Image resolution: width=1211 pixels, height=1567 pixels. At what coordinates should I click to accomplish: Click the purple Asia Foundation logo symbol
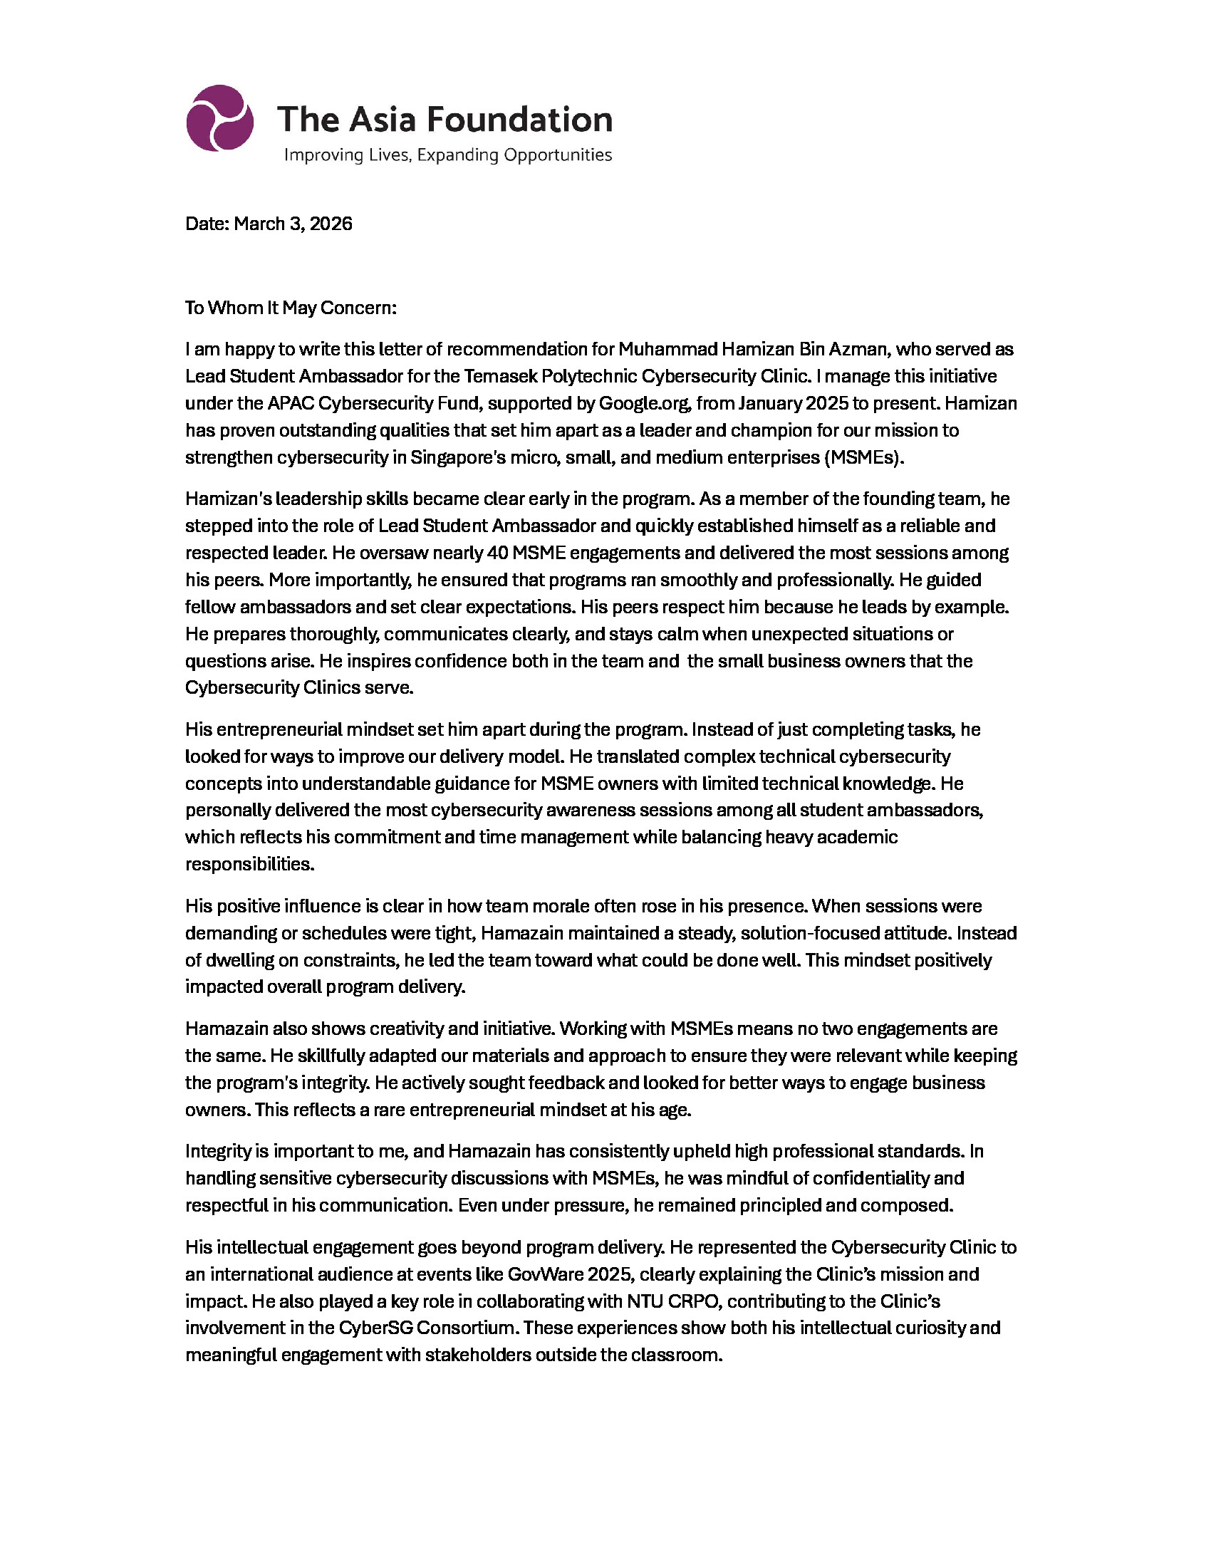click(x=219, y=118)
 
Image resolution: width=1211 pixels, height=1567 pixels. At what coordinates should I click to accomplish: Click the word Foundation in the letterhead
click(x=519, y=119)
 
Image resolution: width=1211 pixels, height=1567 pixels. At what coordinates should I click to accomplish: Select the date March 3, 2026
click(x=293, y=224)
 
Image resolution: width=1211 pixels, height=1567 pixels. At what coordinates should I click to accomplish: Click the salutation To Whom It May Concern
click(x=291, y=308)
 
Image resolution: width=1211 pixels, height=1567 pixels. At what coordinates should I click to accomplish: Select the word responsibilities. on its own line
click(x=249, y=864)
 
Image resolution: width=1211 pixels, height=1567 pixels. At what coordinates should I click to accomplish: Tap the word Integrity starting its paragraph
click(x=218, y=1152)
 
